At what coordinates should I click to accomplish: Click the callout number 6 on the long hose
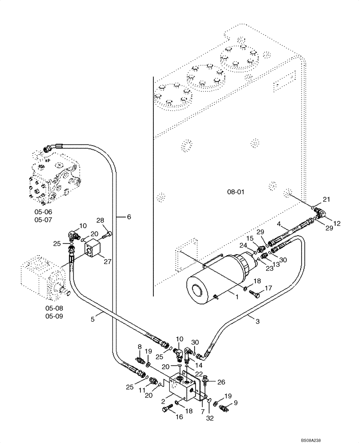(129, 217)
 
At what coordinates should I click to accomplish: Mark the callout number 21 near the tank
(326, 199)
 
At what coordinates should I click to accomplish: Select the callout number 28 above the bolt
(100, 221)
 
